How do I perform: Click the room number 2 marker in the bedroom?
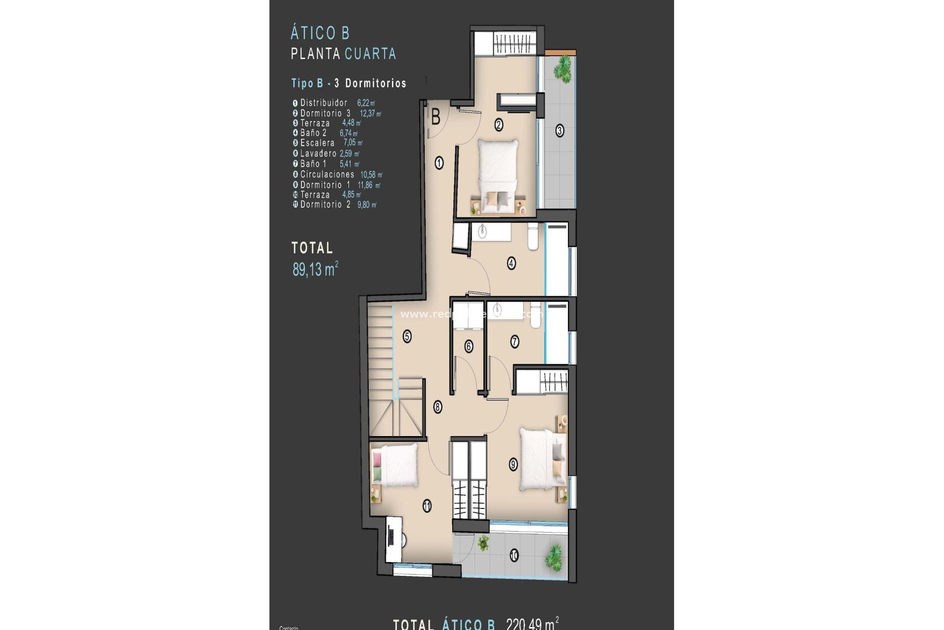[499, 125]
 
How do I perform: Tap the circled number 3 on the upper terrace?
[560, 131]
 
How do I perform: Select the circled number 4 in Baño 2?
[511, 263]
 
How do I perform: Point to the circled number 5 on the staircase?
[407, 337]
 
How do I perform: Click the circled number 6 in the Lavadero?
[469, 346]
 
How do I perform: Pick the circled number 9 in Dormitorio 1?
[513, 464]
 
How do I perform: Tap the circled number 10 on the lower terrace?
[514, 556]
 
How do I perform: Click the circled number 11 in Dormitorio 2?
[427, 505]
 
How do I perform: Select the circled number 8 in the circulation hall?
[438, 407]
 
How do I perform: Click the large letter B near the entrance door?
[436, 118]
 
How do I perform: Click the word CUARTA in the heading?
[370, 54]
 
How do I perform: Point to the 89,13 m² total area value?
[315, 269]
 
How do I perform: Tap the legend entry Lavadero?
[318, 154]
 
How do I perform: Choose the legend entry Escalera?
[317, 143]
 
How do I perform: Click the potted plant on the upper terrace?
[562, 68]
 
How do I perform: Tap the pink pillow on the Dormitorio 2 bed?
[377, 460]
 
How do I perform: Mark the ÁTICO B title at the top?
[320, 33]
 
